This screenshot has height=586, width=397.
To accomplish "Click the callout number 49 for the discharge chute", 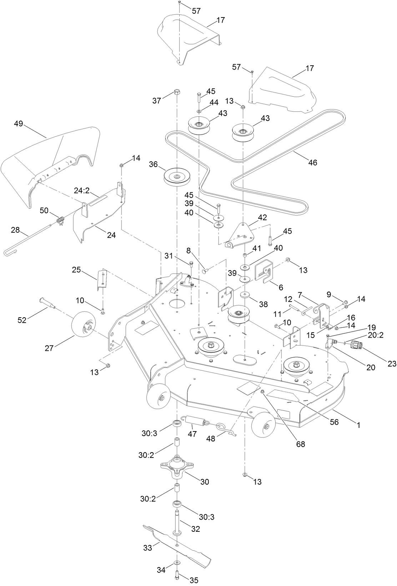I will tap(18, 124).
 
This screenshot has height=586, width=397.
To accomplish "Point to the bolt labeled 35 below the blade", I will tap(177, 574).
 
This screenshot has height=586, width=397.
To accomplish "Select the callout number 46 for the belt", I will tap(312, 163).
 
